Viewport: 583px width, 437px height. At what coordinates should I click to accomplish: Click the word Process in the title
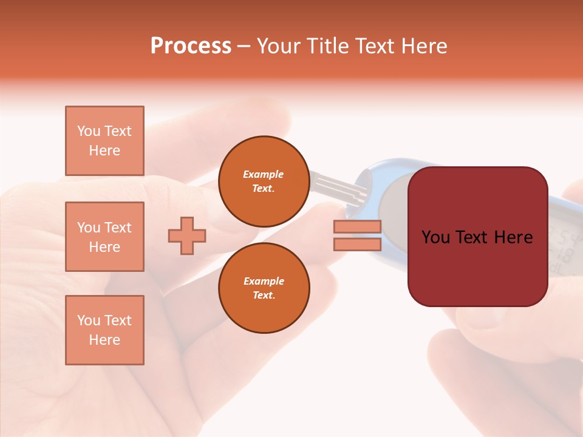click(191, 46)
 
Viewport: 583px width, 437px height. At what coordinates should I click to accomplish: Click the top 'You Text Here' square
click(104, 141)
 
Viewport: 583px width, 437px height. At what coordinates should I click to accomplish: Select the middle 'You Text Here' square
click(104, 237)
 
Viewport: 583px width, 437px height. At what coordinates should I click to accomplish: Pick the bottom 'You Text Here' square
click(104, 330)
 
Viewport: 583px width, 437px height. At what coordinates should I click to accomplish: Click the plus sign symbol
click(187, 236)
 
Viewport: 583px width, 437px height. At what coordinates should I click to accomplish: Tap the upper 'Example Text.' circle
click(264, 181)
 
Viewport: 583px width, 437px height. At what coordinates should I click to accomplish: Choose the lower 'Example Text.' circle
click(264, 288)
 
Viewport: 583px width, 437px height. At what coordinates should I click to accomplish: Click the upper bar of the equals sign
click(357, 227)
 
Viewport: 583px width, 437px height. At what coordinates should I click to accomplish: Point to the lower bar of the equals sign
click(357, 244)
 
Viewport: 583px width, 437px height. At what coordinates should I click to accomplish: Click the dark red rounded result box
click(477, 267)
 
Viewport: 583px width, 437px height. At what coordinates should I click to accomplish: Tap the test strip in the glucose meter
click(334, 185)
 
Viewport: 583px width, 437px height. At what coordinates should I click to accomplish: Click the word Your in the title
click(279, 46)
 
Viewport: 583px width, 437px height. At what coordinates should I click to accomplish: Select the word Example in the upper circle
click(264, 175)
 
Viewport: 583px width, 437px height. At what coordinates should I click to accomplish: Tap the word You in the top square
click(88, 131)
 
